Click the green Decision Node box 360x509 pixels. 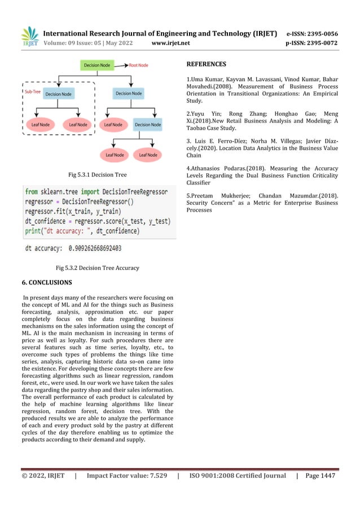[x=97, y=65]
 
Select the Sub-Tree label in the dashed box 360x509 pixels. [x=32, y=90]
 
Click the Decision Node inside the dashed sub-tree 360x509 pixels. [x=59, y=94]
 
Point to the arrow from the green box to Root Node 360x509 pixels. [x=121, y=65]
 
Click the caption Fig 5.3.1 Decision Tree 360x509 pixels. [x=97, y=175]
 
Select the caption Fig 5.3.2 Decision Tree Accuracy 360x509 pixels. [x=97, y=267]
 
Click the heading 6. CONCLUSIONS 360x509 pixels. [x=47, y=282]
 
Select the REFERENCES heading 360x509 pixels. [x=206, y=64]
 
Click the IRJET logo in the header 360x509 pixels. [x=30, y=37]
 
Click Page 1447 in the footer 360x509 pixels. [x=320, y=476]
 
